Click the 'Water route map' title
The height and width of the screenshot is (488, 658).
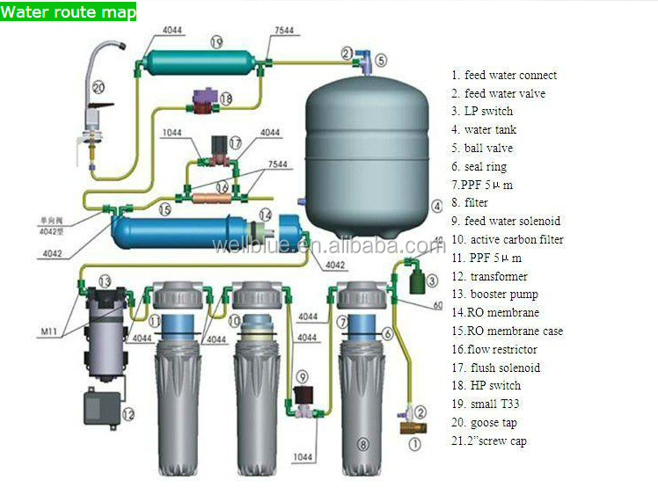[x=69, y=12]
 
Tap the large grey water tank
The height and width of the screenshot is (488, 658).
[x=366, y=158]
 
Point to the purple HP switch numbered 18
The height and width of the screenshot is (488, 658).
[x=208, y=98]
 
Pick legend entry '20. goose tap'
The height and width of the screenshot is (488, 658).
[x=486, y=422]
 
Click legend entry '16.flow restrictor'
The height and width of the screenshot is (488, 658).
[x=496, y=349]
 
